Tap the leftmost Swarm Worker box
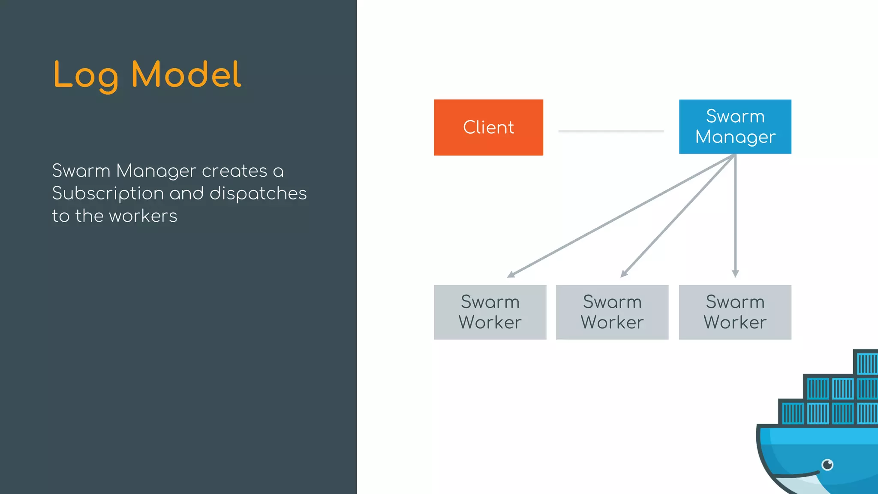click(490, 312)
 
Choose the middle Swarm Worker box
click(612, 312)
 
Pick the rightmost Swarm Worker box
click(735, 312)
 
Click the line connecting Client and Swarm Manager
click(610, 131)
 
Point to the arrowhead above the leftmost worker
click(511, 274)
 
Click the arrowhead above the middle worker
click(624, 274)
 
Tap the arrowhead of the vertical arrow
click(735, 274)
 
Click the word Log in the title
click(86, 75)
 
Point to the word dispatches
click(258, 193)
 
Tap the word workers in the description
click(143, 216)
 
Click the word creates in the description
click(235, 171)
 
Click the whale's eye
click(827, 464)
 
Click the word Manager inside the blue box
click(735, 137)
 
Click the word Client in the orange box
click(488, 127)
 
